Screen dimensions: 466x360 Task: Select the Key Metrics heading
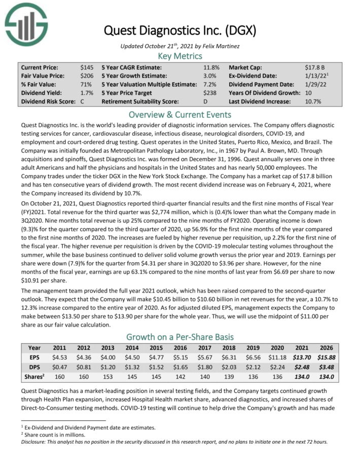(179, 56)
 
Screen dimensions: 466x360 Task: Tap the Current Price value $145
(87, 67)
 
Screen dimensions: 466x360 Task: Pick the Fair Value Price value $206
(87, 76)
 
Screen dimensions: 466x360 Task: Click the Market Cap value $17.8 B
(311, 67)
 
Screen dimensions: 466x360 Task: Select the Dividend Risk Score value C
(83, 102)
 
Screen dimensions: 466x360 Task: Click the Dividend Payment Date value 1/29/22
(311, 84)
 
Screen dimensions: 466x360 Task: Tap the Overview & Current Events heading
(179, 114)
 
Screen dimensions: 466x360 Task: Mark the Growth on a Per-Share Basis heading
(179, 337)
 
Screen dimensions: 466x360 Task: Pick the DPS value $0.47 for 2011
(60, 367)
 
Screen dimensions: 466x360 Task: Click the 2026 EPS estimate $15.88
(340, 357)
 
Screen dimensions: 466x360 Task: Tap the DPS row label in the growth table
(34, 367)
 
